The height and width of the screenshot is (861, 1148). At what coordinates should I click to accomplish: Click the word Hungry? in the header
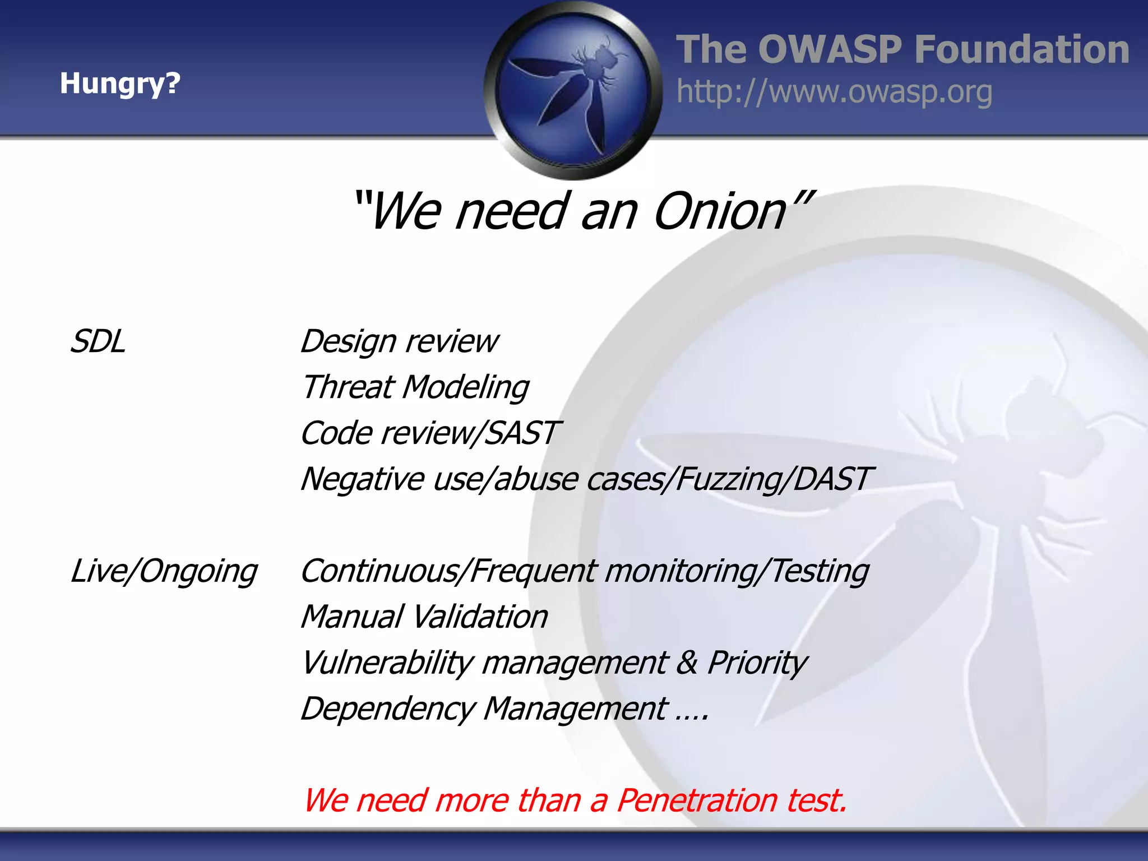tap(120, 84)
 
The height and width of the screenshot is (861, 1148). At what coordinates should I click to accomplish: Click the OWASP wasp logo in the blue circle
tap(573, 90)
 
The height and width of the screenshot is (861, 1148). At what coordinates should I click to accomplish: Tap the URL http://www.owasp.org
tap(834, 92)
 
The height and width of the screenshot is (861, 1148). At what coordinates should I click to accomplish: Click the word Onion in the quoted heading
tap(720, 211)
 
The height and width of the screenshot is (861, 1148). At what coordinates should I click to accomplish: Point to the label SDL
tap(98, 341)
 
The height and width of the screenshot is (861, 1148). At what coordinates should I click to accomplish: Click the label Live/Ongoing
tap(164, 571)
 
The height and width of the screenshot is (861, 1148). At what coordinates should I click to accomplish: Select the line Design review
tap(399, 341)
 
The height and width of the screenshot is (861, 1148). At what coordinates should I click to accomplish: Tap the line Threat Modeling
tap(415, 387)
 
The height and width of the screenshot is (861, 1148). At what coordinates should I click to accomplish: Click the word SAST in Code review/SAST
tap(521, 433)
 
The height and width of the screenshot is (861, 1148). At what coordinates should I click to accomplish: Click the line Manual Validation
tap(424, 617)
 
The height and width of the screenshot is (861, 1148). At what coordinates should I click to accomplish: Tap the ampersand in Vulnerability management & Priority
tap(687, 663)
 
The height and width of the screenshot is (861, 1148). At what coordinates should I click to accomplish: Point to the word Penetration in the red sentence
tap(697, 800)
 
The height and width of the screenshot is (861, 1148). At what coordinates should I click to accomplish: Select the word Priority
tap(757, 663)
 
